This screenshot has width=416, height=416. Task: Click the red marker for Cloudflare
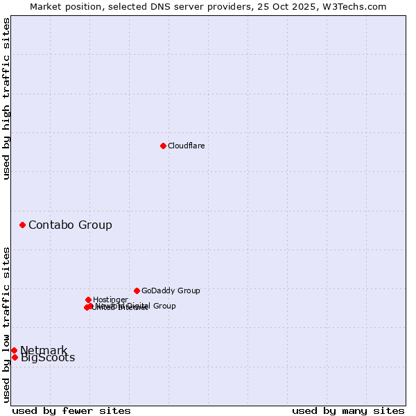163,146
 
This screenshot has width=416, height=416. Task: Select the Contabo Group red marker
22,225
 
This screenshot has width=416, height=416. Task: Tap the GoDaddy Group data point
137,291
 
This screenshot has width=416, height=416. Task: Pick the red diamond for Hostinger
88,300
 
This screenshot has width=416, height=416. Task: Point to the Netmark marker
14,350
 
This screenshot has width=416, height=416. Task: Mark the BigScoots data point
15,358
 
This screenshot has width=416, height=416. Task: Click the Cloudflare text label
186,146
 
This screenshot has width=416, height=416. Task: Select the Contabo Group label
70,225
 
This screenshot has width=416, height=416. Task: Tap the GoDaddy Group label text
171,291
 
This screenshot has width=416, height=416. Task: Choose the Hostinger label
110,300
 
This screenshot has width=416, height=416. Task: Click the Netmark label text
44,350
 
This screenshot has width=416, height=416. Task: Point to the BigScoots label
48,358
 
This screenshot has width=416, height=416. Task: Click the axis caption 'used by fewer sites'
71,410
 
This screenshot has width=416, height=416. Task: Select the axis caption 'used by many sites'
348,410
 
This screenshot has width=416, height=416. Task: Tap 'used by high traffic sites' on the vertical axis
7,98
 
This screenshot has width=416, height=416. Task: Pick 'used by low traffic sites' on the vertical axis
7,324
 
